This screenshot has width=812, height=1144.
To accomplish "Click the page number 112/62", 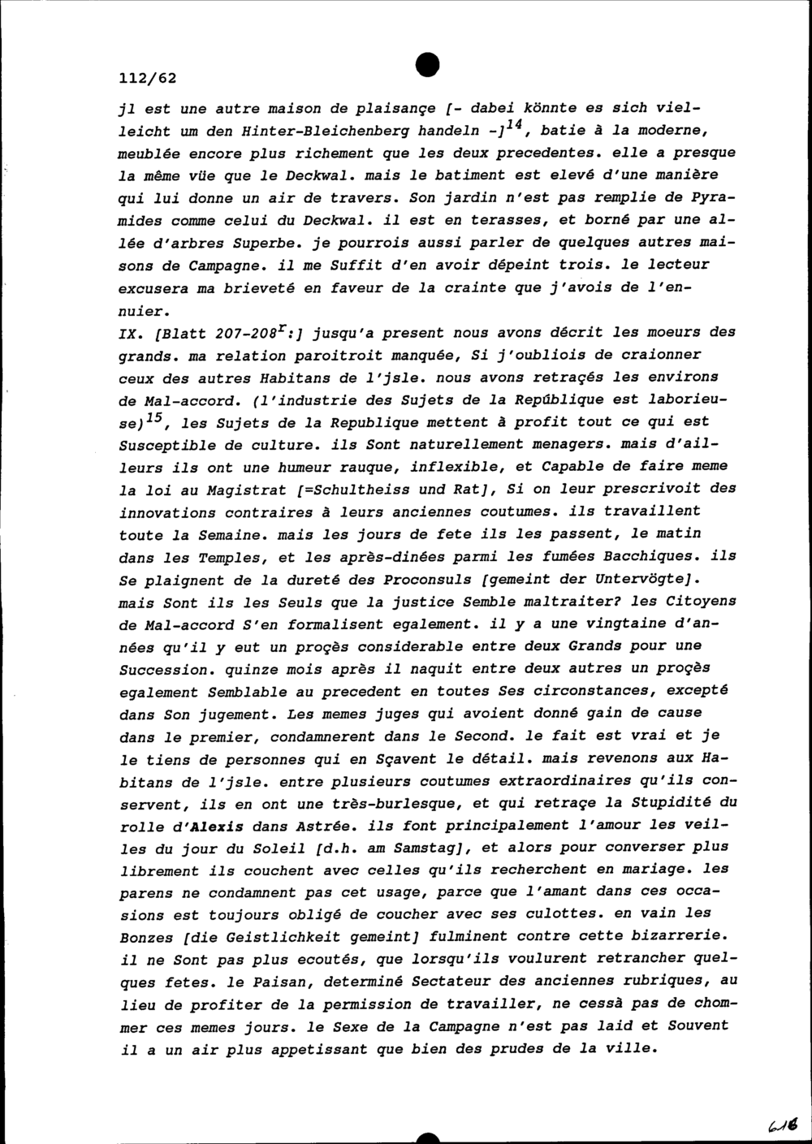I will pyautogui.click(x=147, y=79).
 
